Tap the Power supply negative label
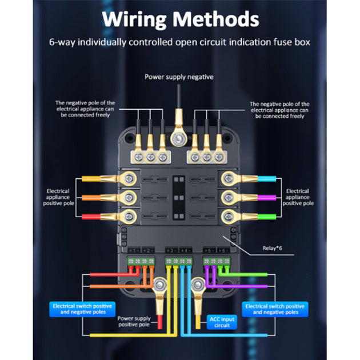(x=179, y=77)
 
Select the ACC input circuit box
(x=219, y=322)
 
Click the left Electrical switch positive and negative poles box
(x=83, y=309)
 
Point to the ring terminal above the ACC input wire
(x=198, y=284)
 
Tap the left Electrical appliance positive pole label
(x=57, y=197)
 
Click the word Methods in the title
(x=217, y=19)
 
